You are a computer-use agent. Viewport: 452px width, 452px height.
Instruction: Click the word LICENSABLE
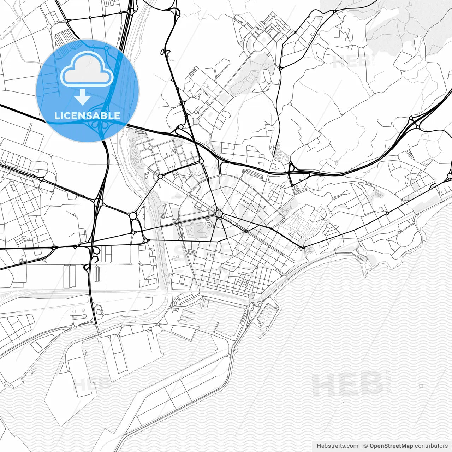(x=87, y=115)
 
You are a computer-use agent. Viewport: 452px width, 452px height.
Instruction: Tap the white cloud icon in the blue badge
(x=87, y=69)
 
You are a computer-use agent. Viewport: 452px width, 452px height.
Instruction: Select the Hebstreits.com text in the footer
(x=337, y=446)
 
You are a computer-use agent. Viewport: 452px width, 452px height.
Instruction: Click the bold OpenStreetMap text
(x=391, y=446)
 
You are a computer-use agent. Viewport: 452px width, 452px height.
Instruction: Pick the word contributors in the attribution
(x=431, y=446)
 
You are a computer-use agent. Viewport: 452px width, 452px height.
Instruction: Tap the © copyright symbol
(x=366, y=446)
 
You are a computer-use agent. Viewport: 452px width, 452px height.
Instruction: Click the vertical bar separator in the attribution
(x=361, y=446)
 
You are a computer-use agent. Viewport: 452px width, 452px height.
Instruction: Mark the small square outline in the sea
(x=421, y=386)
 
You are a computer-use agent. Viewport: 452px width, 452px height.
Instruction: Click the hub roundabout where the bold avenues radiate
(x=219, y=213)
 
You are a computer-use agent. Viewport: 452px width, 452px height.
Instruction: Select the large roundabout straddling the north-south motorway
(x=98, y=203)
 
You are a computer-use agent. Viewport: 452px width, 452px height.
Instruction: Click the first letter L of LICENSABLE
(x=56, y=115)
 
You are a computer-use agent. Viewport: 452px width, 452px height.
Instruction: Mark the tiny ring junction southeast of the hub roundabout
(x=246, y=231)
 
